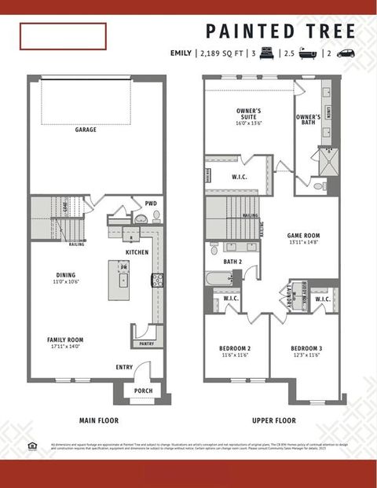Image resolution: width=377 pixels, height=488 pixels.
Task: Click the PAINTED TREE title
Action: point(280,31)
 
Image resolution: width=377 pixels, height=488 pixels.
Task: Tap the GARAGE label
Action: point(86,130)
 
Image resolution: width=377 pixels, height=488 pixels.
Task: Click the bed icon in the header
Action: point(265,53)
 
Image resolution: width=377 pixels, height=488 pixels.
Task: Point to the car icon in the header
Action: point(346,53)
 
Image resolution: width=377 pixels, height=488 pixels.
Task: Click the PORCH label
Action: point(143,391)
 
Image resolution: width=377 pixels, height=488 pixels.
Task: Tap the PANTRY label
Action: point(146,343)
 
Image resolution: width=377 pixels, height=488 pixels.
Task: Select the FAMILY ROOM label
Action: point(65,339)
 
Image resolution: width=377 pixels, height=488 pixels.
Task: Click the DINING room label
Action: point(65,275)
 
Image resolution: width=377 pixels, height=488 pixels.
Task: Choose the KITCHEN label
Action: point(137,252)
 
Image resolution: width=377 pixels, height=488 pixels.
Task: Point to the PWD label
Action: point(151,204)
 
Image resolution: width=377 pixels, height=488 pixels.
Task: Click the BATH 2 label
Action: point(232,262)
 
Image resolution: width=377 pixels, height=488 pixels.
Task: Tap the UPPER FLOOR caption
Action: point(273,420)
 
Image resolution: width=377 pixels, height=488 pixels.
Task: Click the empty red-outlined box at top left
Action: point(63,36)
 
